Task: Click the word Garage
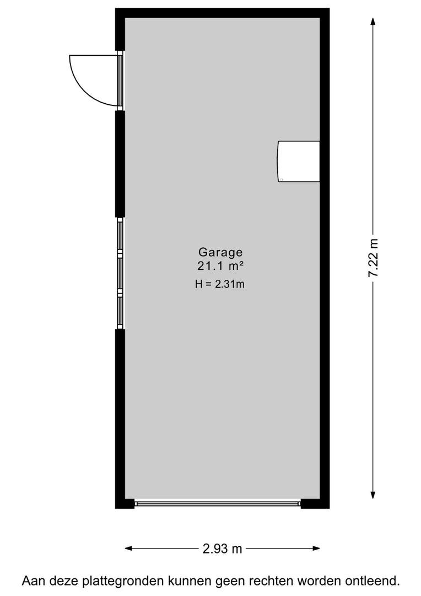[220, 252]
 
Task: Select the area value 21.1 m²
[220, 266]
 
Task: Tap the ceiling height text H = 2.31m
[220, 284]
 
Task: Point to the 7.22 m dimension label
[374, 258]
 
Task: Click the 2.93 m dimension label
[223, 549]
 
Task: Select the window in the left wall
[120, 273]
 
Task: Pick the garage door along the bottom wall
[218, 503]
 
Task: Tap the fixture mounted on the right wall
[299, 161]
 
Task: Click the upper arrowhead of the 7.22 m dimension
[374, 21]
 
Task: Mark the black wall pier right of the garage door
[315, 503]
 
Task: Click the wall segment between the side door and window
[120, 164]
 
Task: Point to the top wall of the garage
[222, 13]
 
